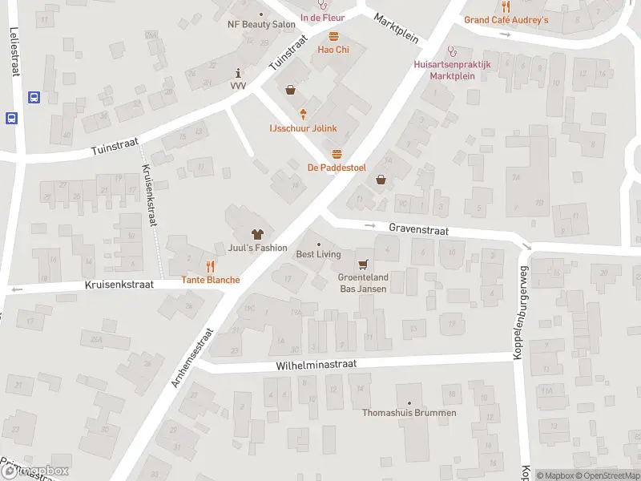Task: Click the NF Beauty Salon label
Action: pyautogui.click(x=261, y=25)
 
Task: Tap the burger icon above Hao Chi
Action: pyautogui.click(x=333, y=36)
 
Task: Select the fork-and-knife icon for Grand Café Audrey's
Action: pyautogui.click(x=506, y=6)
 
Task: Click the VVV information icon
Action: pyautogui.click(x=238, y=73)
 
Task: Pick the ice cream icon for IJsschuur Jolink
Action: pyautogui.click(x=303, y=115)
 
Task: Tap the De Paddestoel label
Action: pyautogui.click(x=337, y=167)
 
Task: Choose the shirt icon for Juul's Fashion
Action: pyautogui.click(x=257, y=235)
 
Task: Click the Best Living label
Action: pyautogui.click(x=318, y=254)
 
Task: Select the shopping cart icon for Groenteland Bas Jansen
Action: pyautogui.click(x=364, y=264)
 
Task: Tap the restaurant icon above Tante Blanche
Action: pyautogui.click(x=210, y=266)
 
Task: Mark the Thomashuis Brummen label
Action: pyautogui.click(x=409, y=413)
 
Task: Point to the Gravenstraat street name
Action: pyautogui.click(x=418, y=229)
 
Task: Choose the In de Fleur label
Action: pyautogui.click(x=322, y=17)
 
